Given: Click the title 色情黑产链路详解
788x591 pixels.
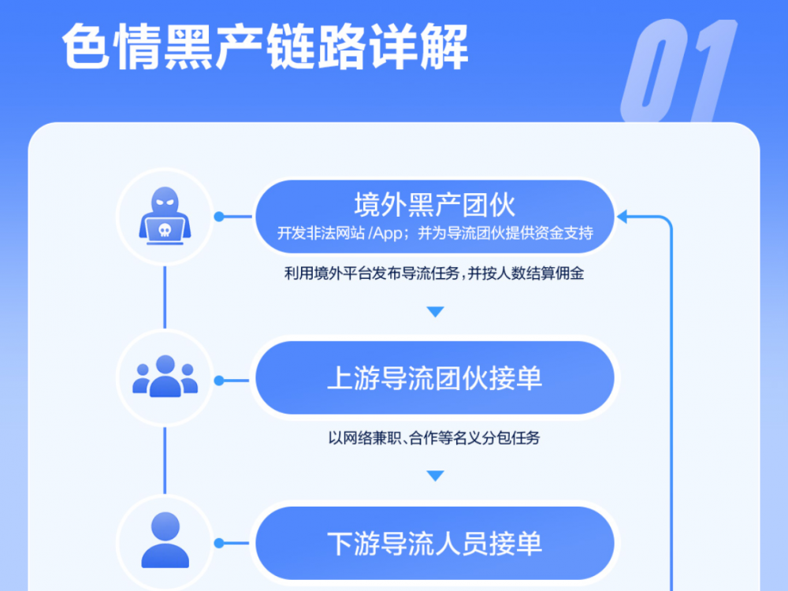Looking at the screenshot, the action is click(265, 46).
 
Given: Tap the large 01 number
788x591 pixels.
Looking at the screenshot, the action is click(679, 71).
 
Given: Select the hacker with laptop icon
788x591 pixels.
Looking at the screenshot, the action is click(165, 216).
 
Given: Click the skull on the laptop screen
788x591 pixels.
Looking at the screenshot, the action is click(165, 230).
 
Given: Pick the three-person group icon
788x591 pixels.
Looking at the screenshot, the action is click(165, 376).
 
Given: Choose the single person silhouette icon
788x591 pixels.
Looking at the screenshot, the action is click(165, 541).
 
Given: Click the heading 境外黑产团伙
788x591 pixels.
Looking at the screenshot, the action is click(435, 205).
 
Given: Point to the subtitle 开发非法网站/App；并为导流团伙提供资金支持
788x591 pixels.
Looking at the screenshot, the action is click(435, 233).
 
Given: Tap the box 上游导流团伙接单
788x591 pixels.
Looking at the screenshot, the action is click(435, 378).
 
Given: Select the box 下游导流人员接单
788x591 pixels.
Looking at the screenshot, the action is click(435, 543).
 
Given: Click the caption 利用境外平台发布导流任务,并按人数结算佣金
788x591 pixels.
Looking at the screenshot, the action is click(434, 273).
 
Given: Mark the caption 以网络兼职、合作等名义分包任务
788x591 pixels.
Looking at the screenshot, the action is click(434, 437).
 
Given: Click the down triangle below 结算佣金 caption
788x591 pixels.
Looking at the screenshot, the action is click(435, 311).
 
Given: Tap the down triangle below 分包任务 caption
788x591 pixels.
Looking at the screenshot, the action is click(435, 475).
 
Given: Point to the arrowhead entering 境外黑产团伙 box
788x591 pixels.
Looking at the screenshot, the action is click(623, 217).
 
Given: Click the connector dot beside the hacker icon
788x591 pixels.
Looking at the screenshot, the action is click(218, 217).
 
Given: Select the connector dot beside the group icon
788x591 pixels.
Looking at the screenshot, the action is click(218, 381).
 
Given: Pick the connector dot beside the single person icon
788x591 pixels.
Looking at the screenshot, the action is click(218, 543).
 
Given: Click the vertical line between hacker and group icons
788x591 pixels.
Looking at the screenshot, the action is click(165, 298).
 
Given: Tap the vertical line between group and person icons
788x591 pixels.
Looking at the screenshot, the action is click(165, 461).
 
